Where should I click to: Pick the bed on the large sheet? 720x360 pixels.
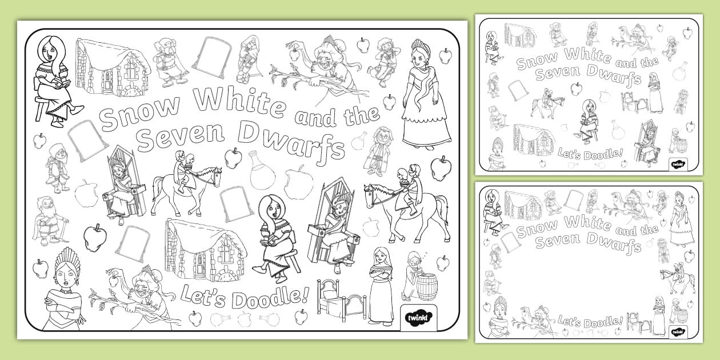point(341,299)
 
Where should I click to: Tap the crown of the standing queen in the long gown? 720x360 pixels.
point(421,47)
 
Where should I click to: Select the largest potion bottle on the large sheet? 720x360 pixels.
point(261,170)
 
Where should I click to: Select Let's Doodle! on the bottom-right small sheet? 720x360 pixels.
point(590,321)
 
